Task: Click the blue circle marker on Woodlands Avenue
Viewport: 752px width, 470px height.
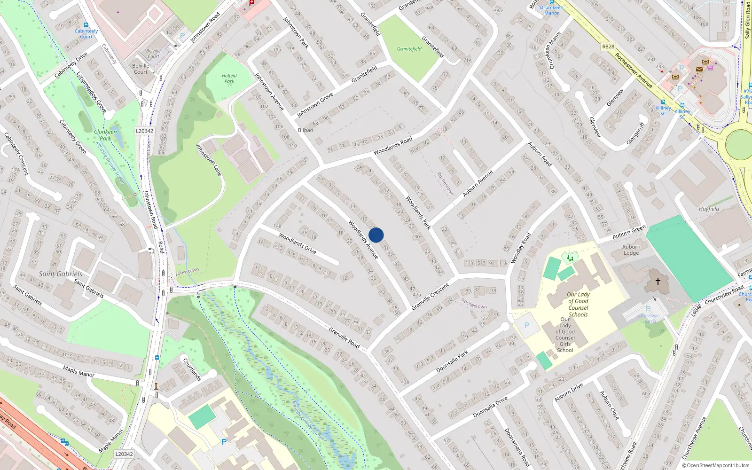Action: [x=376, y=235]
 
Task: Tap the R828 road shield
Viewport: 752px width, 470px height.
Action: [x=608, y=47]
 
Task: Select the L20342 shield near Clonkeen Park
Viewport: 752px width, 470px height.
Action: [x=144, y=131]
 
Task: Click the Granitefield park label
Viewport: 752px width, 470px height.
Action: [x=409, y=49]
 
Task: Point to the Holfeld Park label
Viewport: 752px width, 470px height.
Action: [x=229, y=78]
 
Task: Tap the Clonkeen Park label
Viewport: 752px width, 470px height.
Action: [x=105, y=135]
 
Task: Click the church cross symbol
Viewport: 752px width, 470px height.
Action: [x=658, y=282]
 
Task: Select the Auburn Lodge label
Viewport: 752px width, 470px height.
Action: [x=631, y=250]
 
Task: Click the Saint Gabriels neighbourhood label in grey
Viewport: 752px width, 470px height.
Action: [x=61, y=274]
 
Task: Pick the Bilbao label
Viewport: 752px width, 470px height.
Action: [x=305, y=130]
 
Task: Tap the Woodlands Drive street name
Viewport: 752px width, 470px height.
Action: [x=298, y=243]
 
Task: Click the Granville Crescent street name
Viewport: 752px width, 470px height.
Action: [x=430, y=297]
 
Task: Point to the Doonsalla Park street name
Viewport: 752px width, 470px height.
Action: [x=452, y=361]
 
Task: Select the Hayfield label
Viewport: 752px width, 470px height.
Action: [x=709, y=209]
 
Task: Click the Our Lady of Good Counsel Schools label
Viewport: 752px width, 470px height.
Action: [x=578, y=305]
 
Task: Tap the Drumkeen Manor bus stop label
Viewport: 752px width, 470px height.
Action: [x=551, y=10]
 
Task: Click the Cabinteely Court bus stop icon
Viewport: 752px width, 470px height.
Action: [x=86, y=25]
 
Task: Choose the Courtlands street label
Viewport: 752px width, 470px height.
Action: [x=192, y=369]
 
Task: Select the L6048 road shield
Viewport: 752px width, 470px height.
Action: [x=696, y=310]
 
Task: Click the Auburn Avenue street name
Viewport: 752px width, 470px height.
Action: [x=478, y=183]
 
